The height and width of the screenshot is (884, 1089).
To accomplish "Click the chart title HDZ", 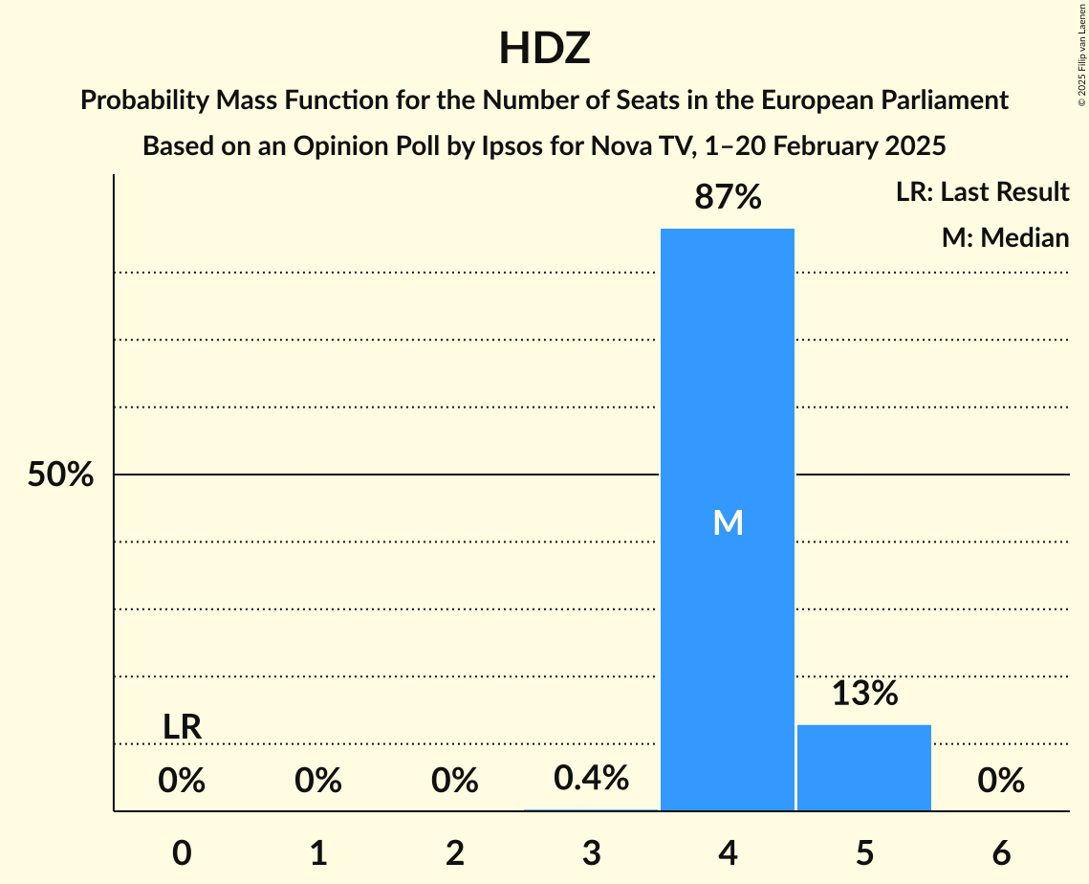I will tap(544, 49).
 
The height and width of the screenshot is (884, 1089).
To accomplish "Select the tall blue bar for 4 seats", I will tap(728, 383).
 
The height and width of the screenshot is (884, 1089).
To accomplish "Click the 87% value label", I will tap(729, 198).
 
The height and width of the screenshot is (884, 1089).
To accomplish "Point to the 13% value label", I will tap(864, 694).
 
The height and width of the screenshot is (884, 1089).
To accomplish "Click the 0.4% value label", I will tap(592, 779).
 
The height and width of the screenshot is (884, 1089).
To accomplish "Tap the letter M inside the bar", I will tap(729, 522).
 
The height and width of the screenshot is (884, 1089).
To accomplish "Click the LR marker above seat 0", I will tap(182, 728).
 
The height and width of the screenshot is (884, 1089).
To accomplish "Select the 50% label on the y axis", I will tap(60, 475).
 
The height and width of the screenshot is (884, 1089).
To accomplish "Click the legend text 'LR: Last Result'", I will tap(982, 192).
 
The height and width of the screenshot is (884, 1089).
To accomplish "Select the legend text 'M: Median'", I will tap(1005, 237).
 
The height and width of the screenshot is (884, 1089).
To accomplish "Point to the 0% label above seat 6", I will tap(1001, 782).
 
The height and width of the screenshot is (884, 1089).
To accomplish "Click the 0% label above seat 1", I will tap(318, 782).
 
